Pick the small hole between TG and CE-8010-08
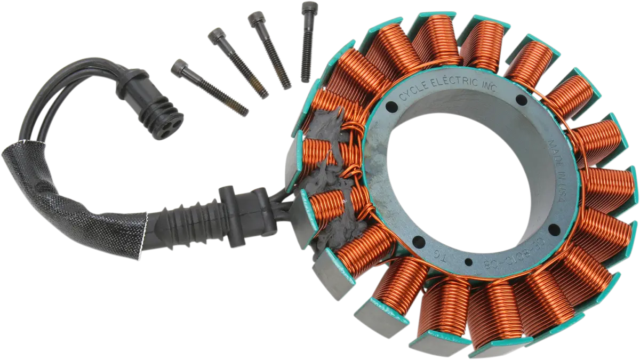click(468, 261)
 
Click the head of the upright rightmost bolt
click(308, 9)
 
